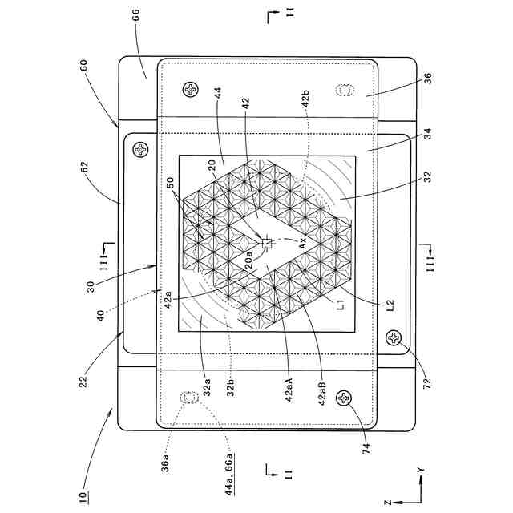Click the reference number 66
(x=135, y=15)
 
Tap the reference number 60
(x=83, y=65)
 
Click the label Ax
(x=303, y=243)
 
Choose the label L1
(x=341, y=305)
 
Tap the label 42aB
(x=322, y=393)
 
